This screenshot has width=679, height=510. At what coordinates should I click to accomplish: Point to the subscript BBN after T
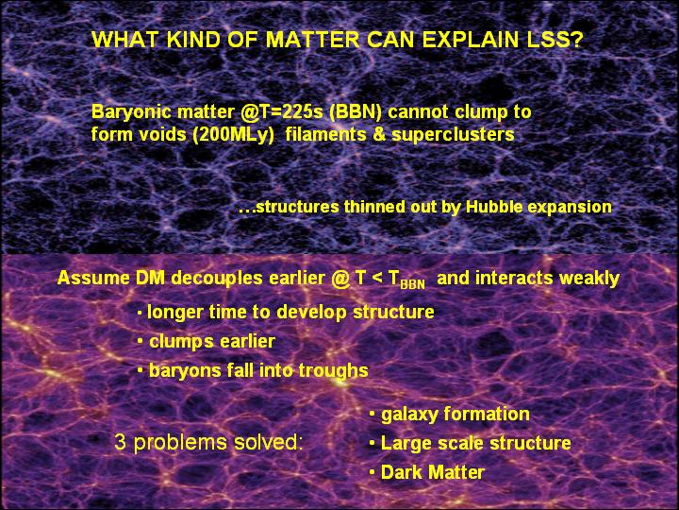click(x=413, y=285)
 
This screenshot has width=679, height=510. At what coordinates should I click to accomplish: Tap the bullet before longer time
click(x=140, y=314)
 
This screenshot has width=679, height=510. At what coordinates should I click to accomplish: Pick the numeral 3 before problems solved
click(x=121, y=442)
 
